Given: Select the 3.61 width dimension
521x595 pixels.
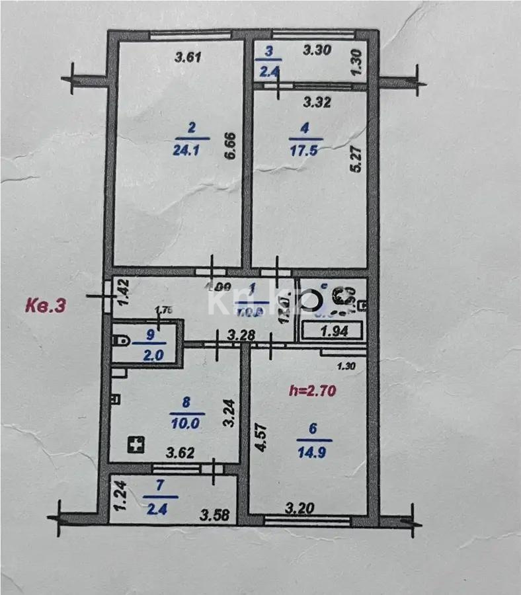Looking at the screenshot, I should point(187,57).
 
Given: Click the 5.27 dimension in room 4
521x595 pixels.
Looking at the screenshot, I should point(357,159).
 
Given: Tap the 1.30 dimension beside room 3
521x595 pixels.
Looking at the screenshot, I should point(357,62).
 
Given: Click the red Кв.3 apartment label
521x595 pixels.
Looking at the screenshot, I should point(46,305).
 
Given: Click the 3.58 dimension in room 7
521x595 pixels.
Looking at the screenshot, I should point(216,514).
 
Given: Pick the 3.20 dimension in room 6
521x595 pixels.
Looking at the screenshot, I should point(299,508).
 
